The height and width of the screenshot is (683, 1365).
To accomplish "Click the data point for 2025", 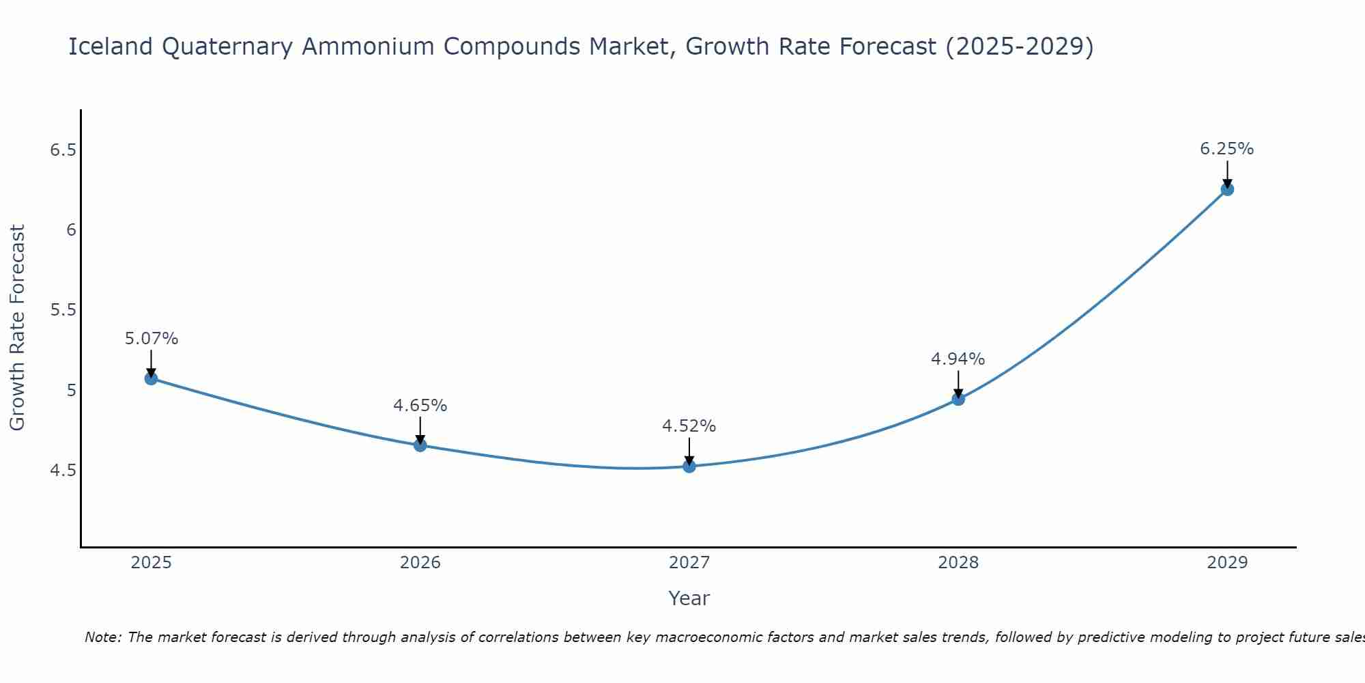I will coord(151,378).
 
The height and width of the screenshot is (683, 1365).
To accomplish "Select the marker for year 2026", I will coord(420,445).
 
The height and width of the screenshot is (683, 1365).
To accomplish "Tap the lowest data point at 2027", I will coord(689,466).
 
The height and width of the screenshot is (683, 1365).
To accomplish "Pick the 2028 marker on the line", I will coord(958,399).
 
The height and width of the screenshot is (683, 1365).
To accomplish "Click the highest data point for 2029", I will coord(1226,189).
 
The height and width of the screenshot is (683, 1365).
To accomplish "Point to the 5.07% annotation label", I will coord(151,339).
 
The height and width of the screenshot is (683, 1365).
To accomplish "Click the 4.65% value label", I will coord(420,406).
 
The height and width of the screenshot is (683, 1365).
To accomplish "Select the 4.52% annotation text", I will coord(689,426).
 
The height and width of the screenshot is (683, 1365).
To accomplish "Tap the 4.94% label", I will coord(958,359).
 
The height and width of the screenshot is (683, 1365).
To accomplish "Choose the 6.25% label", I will coord(1226,149).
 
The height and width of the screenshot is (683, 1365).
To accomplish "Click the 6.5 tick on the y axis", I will coord(62,150).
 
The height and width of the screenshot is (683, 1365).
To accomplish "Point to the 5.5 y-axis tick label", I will coord(62,310).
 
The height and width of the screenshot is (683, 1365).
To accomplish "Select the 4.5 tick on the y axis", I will coord(62,471).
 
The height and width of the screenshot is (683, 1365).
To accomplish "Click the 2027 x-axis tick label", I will coord(689,563).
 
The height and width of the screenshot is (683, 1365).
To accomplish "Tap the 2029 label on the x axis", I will coord(1226,563).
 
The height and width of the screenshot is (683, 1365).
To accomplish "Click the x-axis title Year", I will coord(689,598).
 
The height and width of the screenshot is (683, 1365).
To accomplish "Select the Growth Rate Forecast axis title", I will coord(18,328).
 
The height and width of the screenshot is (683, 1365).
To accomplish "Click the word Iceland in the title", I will coord(111,46).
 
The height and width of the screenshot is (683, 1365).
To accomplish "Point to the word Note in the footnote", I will coord(102,637).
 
